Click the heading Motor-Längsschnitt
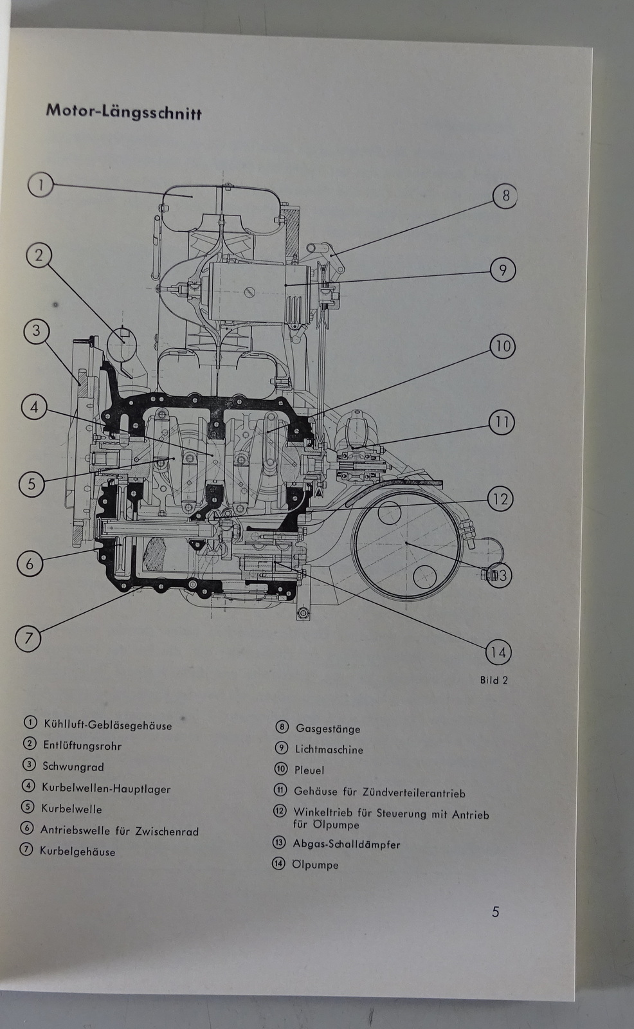point(123,111)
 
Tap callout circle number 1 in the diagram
point(40,185)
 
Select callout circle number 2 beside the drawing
point(39,255)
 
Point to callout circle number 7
point(28,638)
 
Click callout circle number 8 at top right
point(505,196)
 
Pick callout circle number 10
point(502,347)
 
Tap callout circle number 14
point(498,653)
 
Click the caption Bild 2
point(494,680)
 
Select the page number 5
point(495,911)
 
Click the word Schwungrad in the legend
point(73,767)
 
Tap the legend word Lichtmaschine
point(329,749)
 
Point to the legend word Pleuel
point(309,770)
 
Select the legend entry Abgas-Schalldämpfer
point(346,844)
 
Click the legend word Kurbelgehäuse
point(77,851)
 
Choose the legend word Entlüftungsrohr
point(82,746)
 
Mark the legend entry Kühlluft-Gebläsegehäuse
point(107,725)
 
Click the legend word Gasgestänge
point(327,729)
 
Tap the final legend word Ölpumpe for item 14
point(315,865)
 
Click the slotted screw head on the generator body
point(247,293)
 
